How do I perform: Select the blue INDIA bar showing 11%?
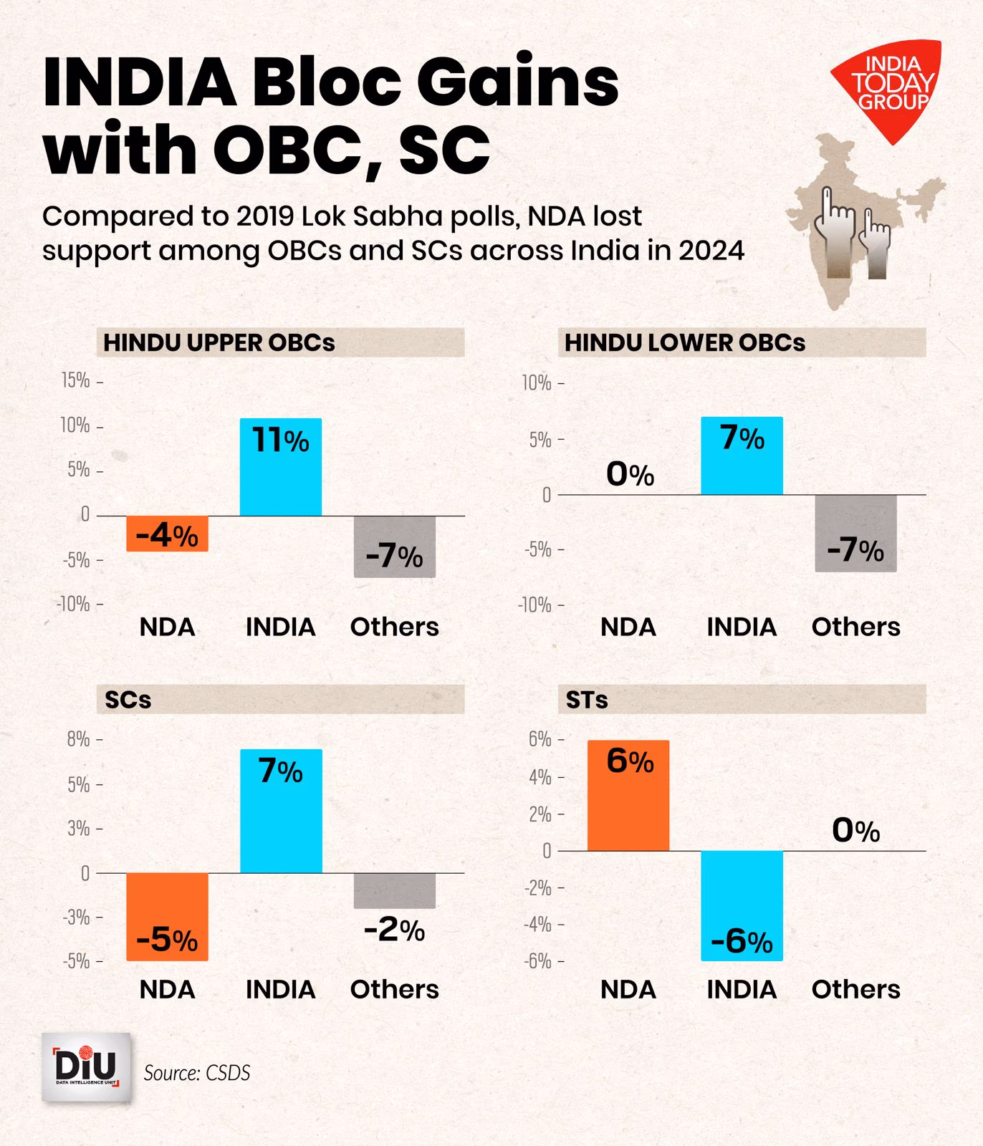[280, 467]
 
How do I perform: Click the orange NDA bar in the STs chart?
[628, 796]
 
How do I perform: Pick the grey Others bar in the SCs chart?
[394, 890]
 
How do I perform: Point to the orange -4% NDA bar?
[167, 534]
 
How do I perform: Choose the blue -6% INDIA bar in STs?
[742, 905]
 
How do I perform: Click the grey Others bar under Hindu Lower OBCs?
[855, 533]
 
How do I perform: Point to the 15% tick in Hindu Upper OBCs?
[76, 380]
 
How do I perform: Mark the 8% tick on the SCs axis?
[78, 738]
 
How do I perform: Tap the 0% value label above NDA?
[630, 474]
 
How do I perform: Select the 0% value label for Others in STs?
[855, 830]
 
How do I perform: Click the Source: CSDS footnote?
[197, 1072]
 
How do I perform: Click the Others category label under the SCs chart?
[394, 989]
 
